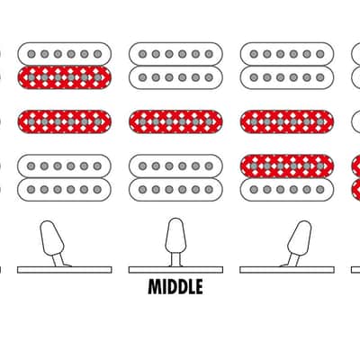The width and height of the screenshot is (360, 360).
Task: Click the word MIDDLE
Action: [x=175, y=286]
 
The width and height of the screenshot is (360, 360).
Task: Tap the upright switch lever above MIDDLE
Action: [x=175, y=241]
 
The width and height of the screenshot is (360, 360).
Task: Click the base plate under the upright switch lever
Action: [x=175, y=270]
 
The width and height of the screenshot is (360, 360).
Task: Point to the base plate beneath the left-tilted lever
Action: [x=65, y=270]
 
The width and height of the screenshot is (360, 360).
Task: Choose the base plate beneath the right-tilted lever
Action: [x=287, y=270]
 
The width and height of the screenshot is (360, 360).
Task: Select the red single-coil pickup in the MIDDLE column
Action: [x=175, y=121]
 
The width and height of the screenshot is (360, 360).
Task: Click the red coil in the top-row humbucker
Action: [x=65, y=77]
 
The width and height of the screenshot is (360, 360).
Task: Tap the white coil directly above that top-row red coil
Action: [x=65, y=54]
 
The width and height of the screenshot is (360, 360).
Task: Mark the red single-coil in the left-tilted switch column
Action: [x=65, y=121]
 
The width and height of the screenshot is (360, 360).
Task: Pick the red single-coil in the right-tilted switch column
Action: [x=287, y=121]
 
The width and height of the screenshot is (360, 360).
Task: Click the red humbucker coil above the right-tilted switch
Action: [x=287, y=166]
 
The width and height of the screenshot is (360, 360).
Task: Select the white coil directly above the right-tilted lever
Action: [x=287, y=190]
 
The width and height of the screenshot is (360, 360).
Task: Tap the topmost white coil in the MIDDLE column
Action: [x=175, y=54]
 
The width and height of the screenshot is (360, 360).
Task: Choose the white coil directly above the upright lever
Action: [x=175, y=190]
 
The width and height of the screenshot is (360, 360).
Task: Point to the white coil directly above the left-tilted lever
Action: [x=65, y=190]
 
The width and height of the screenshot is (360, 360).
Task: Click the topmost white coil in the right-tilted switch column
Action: [x=287, y=54]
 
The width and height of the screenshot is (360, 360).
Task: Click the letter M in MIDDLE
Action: [x=154, y=286]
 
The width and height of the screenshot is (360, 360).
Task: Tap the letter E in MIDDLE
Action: [x=199, y=286]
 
